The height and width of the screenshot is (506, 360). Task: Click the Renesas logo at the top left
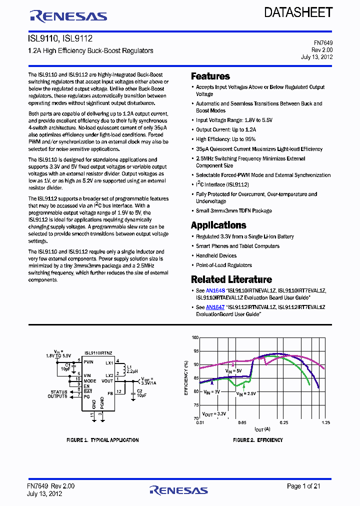[68, 16]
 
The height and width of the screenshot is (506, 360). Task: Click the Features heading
[210, 76]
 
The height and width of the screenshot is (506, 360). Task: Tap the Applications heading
[218, 225]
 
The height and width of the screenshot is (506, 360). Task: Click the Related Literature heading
[231, 279]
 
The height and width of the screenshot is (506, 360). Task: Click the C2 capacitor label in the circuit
[140, 389]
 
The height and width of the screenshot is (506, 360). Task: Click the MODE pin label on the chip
[90, 380]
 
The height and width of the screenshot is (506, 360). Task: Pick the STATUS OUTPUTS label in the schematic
[58, 394]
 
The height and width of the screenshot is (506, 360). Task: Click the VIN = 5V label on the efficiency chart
[233, 370]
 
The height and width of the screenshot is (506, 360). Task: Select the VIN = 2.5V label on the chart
[246, 393]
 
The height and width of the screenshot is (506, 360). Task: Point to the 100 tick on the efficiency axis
[195, 337]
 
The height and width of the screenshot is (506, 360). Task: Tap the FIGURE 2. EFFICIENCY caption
[258, 440]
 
